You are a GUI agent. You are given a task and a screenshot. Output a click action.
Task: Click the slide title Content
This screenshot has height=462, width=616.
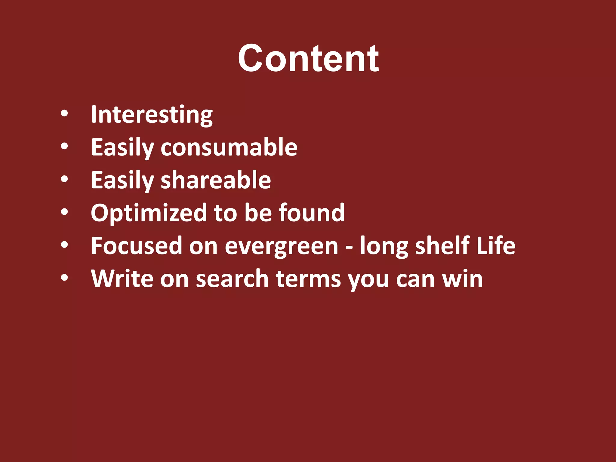(x=308, y=58)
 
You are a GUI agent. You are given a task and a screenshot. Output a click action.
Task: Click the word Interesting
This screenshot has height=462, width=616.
(x=152, y=115)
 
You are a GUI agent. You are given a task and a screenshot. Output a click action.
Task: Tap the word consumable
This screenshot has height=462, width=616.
(x=229, y=147)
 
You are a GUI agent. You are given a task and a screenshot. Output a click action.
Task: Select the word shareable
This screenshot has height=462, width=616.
(x=216, y=180)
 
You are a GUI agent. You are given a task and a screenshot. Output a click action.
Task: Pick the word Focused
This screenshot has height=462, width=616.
(x=137, y=246)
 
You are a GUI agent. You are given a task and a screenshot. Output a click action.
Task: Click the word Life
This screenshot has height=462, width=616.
(x=496, y=246)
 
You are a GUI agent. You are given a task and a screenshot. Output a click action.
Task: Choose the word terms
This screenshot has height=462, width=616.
(x=308, y=279)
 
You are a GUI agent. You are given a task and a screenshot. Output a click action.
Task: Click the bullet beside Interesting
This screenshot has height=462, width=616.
(x=64, y=114)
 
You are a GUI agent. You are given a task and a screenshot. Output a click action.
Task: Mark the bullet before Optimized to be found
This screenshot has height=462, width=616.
(x=64, y=212)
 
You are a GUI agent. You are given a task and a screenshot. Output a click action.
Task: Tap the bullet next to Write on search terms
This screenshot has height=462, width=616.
(x=64, y=278)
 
